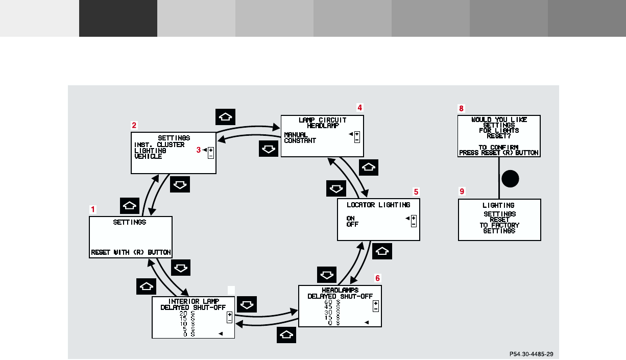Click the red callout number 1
click(93, 209)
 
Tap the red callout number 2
click(134, 125)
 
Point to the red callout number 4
click(359, 108)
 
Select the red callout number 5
click(416, 192)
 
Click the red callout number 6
click(378, 278)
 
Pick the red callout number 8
click(462, 108)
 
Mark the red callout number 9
click(462, 191)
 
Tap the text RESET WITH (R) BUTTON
click(131, 252)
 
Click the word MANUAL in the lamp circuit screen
click(296, 135)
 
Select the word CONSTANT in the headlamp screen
click(300, 140)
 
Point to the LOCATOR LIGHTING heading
click(378, 205)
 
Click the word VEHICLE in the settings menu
click(148, 157)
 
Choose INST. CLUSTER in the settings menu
click(159, 145)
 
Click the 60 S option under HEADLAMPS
click(332, 302)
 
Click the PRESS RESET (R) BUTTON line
click(499, 153)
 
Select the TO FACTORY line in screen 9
click(499, 225)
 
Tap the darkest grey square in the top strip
click(118, 18)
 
